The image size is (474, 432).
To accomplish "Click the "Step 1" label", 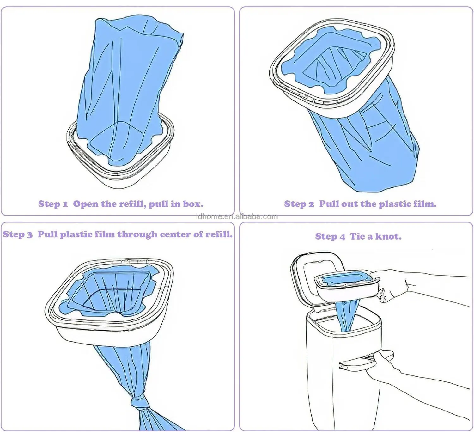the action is [53, 204].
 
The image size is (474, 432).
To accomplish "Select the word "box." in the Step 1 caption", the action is [193, 204].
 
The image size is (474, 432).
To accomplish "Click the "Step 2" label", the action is [299, 204].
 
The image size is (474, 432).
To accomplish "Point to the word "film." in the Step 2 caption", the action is [425, 204].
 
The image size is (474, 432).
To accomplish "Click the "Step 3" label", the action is [18, 234].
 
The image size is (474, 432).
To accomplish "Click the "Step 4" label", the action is [330, 236].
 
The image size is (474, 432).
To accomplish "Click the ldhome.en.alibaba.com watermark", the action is [237, 216].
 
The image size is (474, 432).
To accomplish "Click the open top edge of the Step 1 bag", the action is [139, 27].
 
